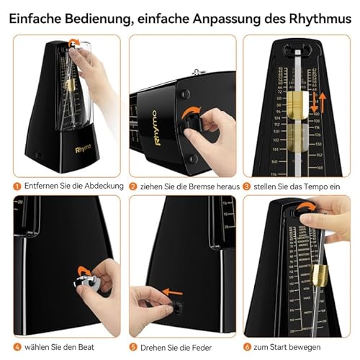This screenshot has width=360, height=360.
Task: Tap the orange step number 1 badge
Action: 18,185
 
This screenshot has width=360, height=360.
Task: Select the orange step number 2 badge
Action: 135,185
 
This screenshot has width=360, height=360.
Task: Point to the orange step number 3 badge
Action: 248,185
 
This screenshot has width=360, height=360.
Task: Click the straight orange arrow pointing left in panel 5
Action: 170,293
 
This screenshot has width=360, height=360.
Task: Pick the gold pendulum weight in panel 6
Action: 320,276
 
